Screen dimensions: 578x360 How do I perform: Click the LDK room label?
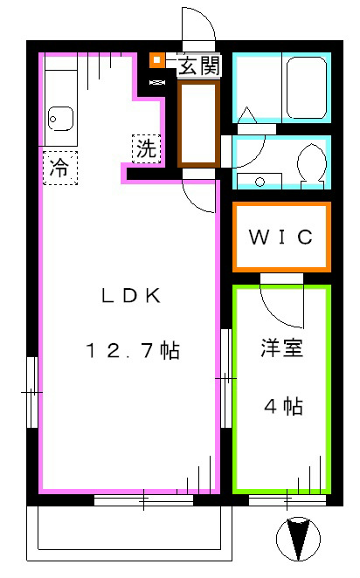tap(130, 295)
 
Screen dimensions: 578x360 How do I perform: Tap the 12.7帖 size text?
tap(132, 351)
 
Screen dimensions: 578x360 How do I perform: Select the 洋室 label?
tap(280, 348)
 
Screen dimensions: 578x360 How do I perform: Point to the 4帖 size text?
tap(284, 406)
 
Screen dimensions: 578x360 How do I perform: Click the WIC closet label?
tap(280, 237)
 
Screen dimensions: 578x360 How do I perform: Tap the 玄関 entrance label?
tap(198, 65)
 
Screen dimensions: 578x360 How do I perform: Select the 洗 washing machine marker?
tap(147, 148)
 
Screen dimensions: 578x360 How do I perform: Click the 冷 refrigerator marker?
tap(59, 166)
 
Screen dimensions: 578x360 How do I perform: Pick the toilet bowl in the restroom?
tap(308, 163)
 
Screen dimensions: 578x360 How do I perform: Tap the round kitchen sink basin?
tap(60, 116)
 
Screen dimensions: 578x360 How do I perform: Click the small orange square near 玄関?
tap(156, 60)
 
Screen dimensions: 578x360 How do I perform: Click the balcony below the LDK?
tap(131, 533)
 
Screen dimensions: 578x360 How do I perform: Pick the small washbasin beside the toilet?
tap(258, 181)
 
